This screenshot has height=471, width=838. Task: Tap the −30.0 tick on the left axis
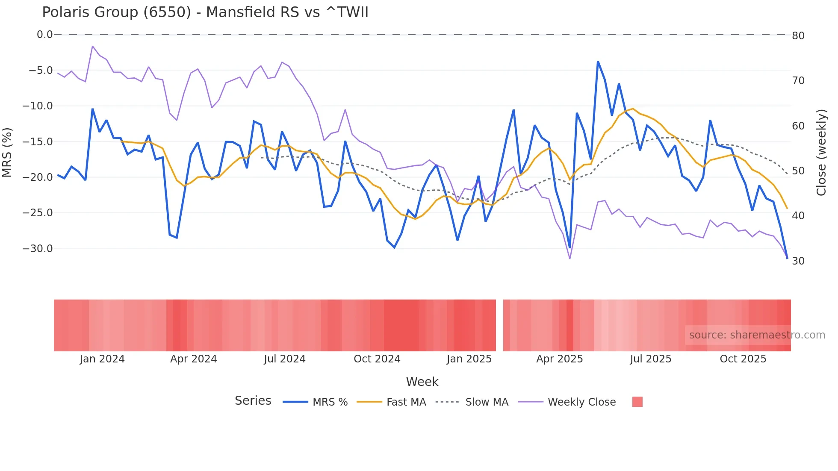click(38, 248)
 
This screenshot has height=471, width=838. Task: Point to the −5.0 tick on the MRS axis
click(41, 70)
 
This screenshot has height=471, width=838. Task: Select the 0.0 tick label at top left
click(44, 35)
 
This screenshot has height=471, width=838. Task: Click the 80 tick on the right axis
click(798, 36)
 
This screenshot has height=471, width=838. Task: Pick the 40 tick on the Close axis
click(798, 216)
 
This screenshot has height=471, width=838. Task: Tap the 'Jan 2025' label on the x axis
click(469, 359)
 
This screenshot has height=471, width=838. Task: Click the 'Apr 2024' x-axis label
click(193, 359)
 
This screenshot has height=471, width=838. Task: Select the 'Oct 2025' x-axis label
click(743, 359)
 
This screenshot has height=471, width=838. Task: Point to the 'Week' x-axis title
click(422, 382)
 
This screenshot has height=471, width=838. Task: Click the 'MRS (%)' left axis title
click(7, 152)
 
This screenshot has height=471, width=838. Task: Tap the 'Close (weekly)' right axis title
click(821, 153)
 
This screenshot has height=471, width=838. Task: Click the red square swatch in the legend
click(637, 402)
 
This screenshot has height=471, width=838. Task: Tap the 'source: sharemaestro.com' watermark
click(757, 335)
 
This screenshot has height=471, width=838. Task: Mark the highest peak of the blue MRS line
click(598, 62)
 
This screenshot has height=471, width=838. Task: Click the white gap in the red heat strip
click(499, 325)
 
